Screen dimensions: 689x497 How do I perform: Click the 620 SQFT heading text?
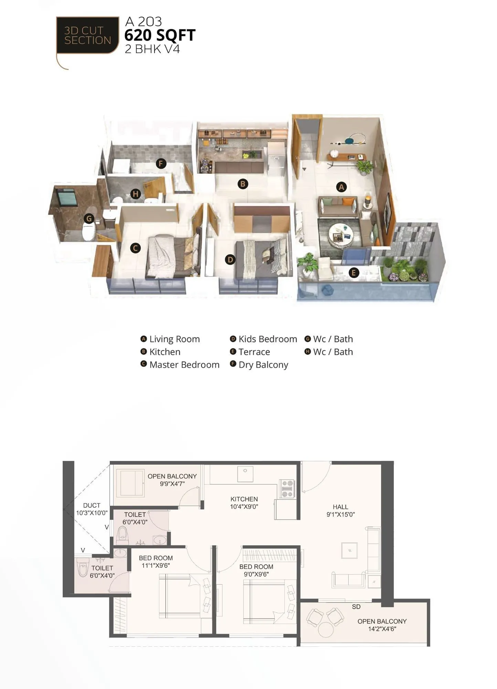coord(160,35)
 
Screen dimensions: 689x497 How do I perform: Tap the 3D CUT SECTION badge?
coord(87,35)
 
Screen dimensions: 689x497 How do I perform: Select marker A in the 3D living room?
coord(341,187)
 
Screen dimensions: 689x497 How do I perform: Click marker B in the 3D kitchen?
coord(243,184)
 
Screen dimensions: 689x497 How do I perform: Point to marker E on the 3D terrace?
coord(353,273)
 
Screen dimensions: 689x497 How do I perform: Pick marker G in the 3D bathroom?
coord(89,218)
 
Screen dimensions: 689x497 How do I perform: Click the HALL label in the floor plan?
coord(340,507)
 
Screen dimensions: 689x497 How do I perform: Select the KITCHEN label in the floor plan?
coord(244,499)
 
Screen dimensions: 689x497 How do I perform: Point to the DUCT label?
coord(92,505)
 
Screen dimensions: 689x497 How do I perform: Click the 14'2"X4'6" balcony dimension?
coord(382,629)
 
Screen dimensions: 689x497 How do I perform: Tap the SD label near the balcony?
coord(356,607)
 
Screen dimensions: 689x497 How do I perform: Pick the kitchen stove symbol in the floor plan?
coord(287,489)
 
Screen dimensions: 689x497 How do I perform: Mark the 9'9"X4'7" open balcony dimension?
coord(172,484)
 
